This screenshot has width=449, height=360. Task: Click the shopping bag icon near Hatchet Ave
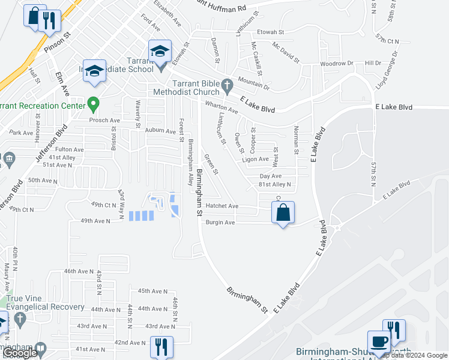coord(283,212)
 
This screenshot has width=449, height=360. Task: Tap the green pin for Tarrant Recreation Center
coord(93,105)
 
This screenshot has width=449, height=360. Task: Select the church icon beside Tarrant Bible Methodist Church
coord(227,86)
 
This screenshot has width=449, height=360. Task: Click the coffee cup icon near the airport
coord(378,342)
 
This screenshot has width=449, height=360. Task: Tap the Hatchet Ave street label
coord(222,206)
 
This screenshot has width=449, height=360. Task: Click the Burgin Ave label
coord(220,222)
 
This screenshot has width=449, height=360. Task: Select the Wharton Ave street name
coord(221,107)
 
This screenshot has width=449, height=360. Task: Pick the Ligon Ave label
coord(255,159)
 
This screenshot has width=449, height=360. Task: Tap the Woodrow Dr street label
coord(337,63)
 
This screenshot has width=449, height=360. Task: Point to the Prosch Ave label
coord(105,119)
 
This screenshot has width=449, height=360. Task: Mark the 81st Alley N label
coord(275,184)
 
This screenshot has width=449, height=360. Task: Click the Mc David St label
coord(286,53)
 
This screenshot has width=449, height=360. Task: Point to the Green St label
coord(210,163)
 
